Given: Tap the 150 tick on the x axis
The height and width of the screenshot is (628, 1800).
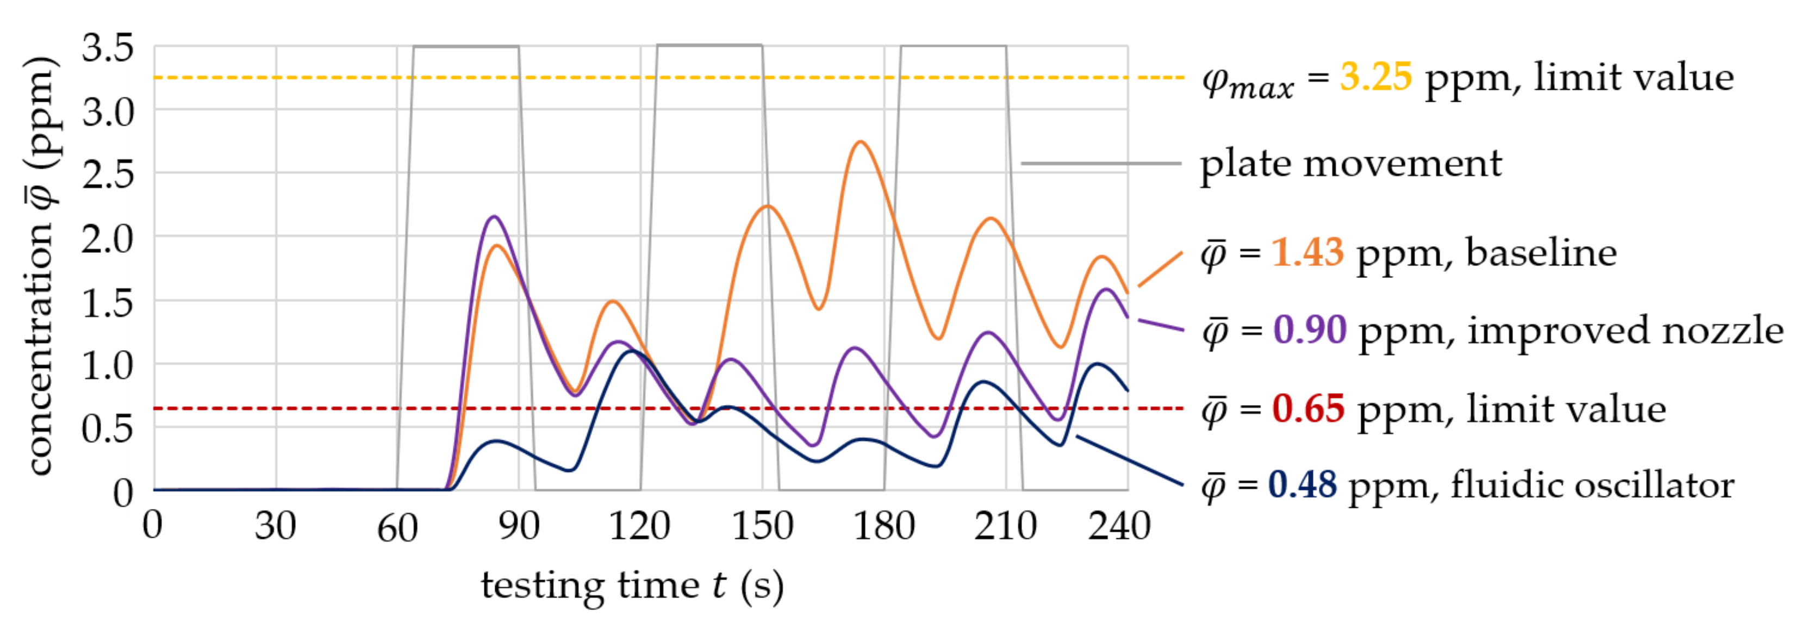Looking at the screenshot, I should [x=762, y=525].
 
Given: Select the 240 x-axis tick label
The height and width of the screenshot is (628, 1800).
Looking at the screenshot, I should [x=1119, y=525].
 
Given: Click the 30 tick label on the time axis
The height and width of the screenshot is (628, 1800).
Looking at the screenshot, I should [x=275, y=525].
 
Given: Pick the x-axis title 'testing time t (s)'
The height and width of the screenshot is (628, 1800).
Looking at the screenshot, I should [x=632, y=586].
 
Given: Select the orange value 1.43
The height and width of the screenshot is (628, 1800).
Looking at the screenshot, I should [x=1307, y=252].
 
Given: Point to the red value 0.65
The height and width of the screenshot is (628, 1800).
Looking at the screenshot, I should [x=1307, y=409].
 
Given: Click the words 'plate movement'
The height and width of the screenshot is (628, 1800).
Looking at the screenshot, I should [x=1350, y=164].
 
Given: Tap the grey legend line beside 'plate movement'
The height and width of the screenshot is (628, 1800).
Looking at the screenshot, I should [x=1100, y=164].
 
